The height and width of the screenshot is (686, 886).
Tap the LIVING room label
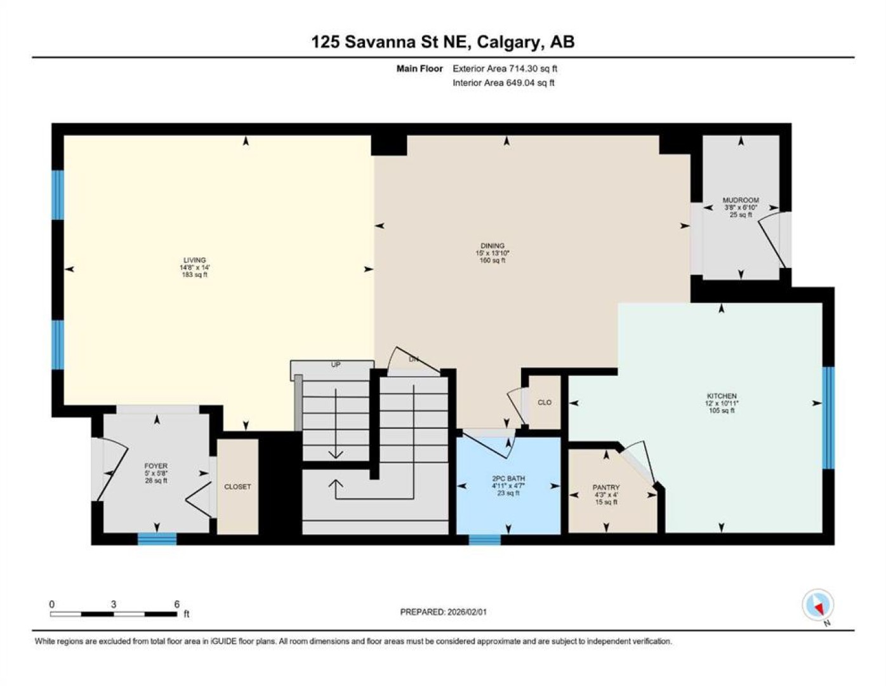click(x=194, y=260)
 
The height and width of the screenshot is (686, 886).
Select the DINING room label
click(x=493, y=246)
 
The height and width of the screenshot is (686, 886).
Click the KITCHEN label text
click(x=722, y=396)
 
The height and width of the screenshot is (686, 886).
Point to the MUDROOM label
click(x=741, y=200)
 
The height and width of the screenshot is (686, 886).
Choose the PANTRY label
click(x=606, y=487)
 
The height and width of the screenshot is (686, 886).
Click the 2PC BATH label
click(x=508, y=478)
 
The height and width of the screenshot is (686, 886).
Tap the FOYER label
click(x=155, y=466)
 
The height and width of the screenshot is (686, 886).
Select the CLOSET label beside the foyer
click(x=237, y=487)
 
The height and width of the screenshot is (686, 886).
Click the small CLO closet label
click(x=545, y=402)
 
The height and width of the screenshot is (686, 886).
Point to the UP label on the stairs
click(x=336, y=365)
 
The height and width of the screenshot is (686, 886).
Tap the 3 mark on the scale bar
click(x=114, y=604)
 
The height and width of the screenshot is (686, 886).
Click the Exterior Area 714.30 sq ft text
click(x=505, y=69)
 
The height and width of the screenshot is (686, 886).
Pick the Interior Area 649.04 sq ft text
click(x=503, y=83)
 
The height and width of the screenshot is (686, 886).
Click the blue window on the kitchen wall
click(x=828, y=419)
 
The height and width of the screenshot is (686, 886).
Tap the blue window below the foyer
click(x=157, y=539)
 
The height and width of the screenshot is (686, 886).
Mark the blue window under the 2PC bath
click(x=485, y=539)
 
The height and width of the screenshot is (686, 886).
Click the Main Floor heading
click(x=420, y=69)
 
